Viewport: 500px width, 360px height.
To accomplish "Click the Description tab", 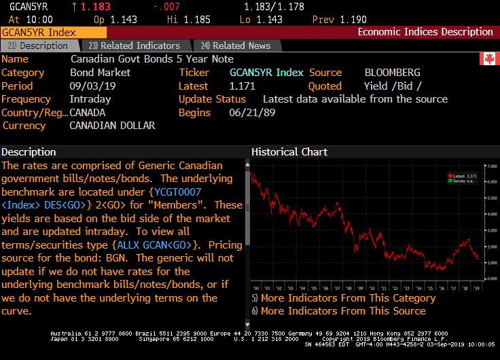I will [38, 46].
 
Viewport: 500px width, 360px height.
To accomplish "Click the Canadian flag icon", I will [486, 60].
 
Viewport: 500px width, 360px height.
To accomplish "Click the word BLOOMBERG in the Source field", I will [392, 73].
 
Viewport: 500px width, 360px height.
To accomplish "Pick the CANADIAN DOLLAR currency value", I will [112, 126].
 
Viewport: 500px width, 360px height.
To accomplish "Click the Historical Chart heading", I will [289, 152].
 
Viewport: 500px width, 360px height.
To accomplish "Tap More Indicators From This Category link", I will [347, 298].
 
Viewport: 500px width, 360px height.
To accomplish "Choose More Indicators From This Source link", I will [342, 311].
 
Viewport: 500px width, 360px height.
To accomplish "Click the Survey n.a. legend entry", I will [464, 181].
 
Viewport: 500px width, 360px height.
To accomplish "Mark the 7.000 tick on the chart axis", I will [491, 166].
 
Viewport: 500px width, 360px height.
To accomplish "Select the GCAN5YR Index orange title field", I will [54, 32].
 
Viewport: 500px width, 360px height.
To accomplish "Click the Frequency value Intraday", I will [90, 99].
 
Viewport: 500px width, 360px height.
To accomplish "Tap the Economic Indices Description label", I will [425, 32].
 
